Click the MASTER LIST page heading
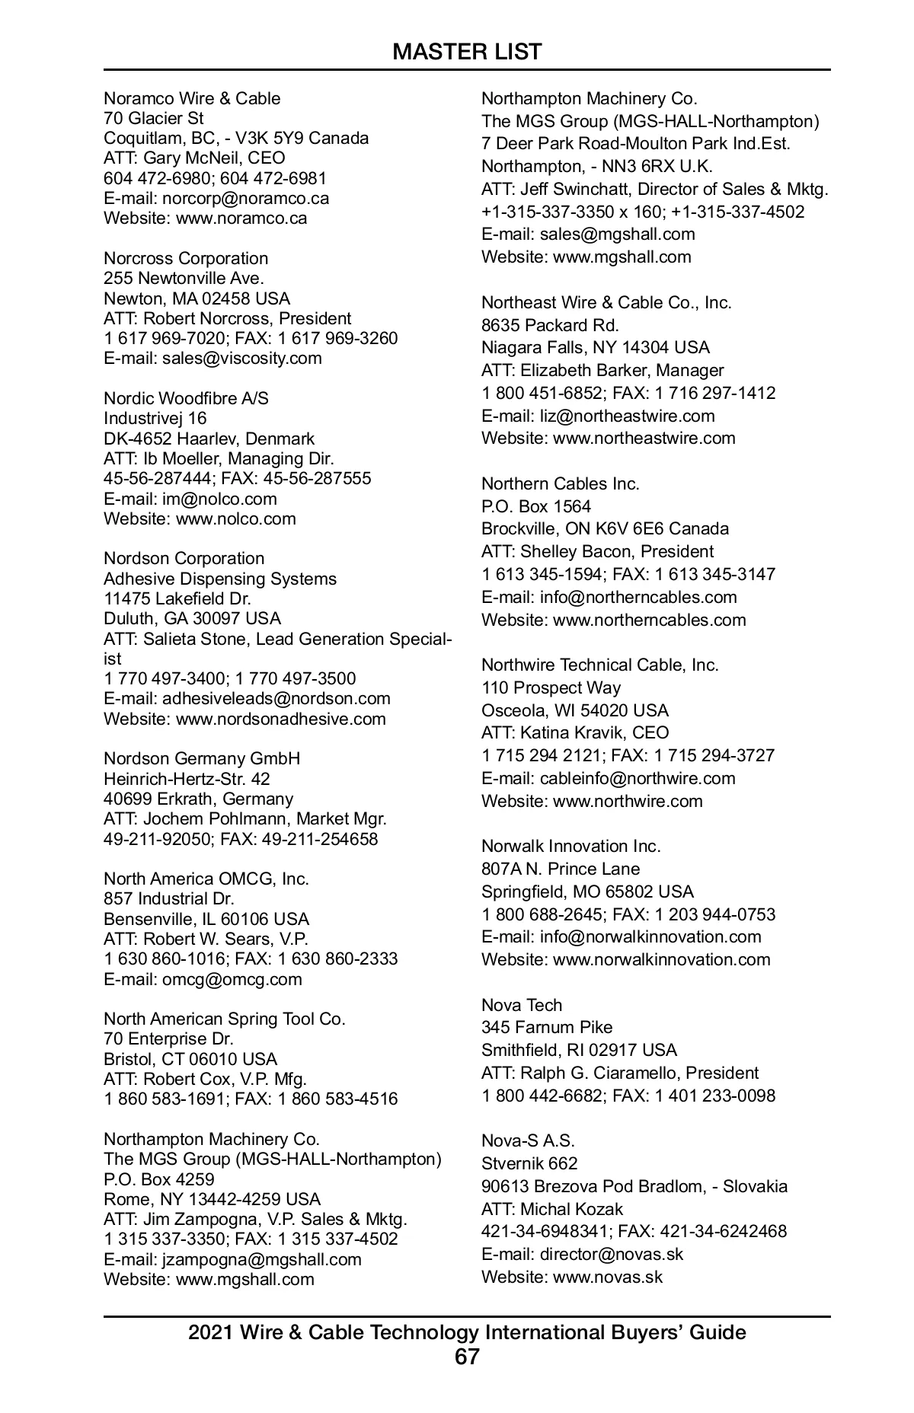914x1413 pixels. pyautogui.click(x=467, y=52)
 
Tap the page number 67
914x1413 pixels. pyautogui.click(x=467, y=1357)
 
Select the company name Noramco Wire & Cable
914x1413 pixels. pyautogui.click(x=192, y=98)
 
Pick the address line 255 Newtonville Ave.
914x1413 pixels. pyautogui.click(x=184, y=278)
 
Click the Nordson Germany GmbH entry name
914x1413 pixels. pyautogui.click(x=202, y=759)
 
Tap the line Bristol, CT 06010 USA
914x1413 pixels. pyautogui.click(x=190, y=1059)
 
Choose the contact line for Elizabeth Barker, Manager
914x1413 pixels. pyautogui.click(x=602, y=371)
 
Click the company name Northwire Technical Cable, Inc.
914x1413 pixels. pyautogui.click(x=599, y=665)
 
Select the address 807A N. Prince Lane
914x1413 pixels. pyautogui.click(x=561, y=869)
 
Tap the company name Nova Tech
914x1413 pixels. pyautogui.click(x=521, y=1005)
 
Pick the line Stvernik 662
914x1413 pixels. pyautogui.click(x=529, y=1163)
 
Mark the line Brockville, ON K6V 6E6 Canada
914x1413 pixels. pyautogui.click(x=605, y=529)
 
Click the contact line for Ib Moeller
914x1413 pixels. pyautogui.click(x=219, y=458)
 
